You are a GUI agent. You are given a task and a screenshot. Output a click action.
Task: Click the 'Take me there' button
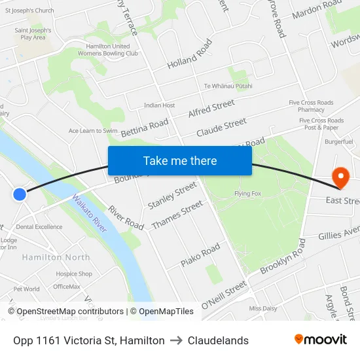(x=180, y=161)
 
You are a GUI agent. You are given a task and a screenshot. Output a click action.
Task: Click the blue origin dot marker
(x=20, y=194)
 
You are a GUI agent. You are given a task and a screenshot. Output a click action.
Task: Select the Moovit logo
(x=321, y=340)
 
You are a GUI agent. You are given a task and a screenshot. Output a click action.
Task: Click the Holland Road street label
(x=190, y=55)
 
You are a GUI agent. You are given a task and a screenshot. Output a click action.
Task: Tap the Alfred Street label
(x=211, y=109)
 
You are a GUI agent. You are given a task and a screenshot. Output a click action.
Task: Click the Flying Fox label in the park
(x=248, y=194)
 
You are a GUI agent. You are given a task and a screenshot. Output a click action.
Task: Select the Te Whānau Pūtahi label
(x=228, y=86)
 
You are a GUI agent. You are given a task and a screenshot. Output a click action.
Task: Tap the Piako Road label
(x=200, y=255)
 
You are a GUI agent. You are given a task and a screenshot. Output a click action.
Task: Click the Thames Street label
(x=177, y=215)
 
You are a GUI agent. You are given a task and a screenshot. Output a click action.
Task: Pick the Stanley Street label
(x=171, y=196)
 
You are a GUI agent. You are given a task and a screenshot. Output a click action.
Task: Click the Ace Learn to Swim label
(x=94, y=131)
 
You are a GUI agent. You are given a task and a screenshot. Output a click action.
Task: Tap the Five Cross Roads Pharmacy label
(x=311, y=106)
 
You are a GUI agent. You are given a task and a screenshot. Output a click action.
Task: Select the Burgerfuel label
(x=338, y=141)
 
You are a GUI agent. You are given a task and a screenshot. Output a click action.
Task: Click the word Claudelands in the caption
(x=218, y=340)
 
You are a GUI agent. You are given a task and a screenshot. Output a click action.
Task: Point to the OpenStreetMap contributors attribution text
(x=69, y=312)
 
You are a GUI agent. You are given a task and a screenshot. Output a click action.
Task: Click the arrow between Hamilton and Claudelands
(x=176, y=340)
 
